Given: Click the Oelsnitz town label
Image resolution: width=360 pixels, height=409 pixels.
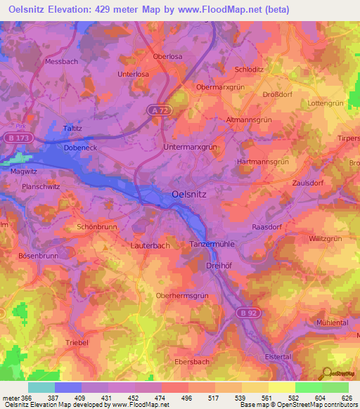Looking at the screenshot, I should (189, 196).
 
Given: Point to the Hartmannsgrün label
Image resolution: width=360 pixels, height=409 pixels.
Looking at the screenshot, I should (264, 161).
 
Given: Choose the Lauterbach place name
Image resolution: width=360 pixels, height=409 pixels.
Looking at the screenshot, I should (150, 246).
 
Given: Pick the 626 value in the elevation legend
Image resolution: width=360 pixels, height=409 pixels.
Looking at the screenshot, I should (347, 398).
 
